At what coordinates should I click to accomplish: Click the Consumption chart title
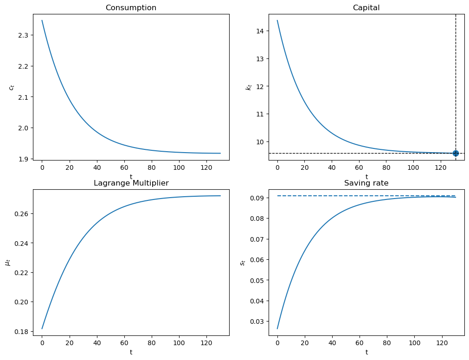click(131, 8)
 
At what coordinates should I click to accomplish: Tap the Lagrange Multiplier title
click(131, 183)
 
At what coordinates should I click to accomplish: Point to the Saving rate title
click(366, 183)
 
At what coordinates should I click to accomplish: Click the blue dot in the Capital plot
click(456, 153)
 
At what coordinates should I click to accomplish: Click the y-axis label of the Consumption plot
click(13, 87)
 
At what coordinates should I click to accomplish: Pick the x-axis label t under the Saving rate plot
click(366, 352)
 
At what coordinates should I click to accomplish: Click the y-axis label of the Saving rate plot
click(243, 262)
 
